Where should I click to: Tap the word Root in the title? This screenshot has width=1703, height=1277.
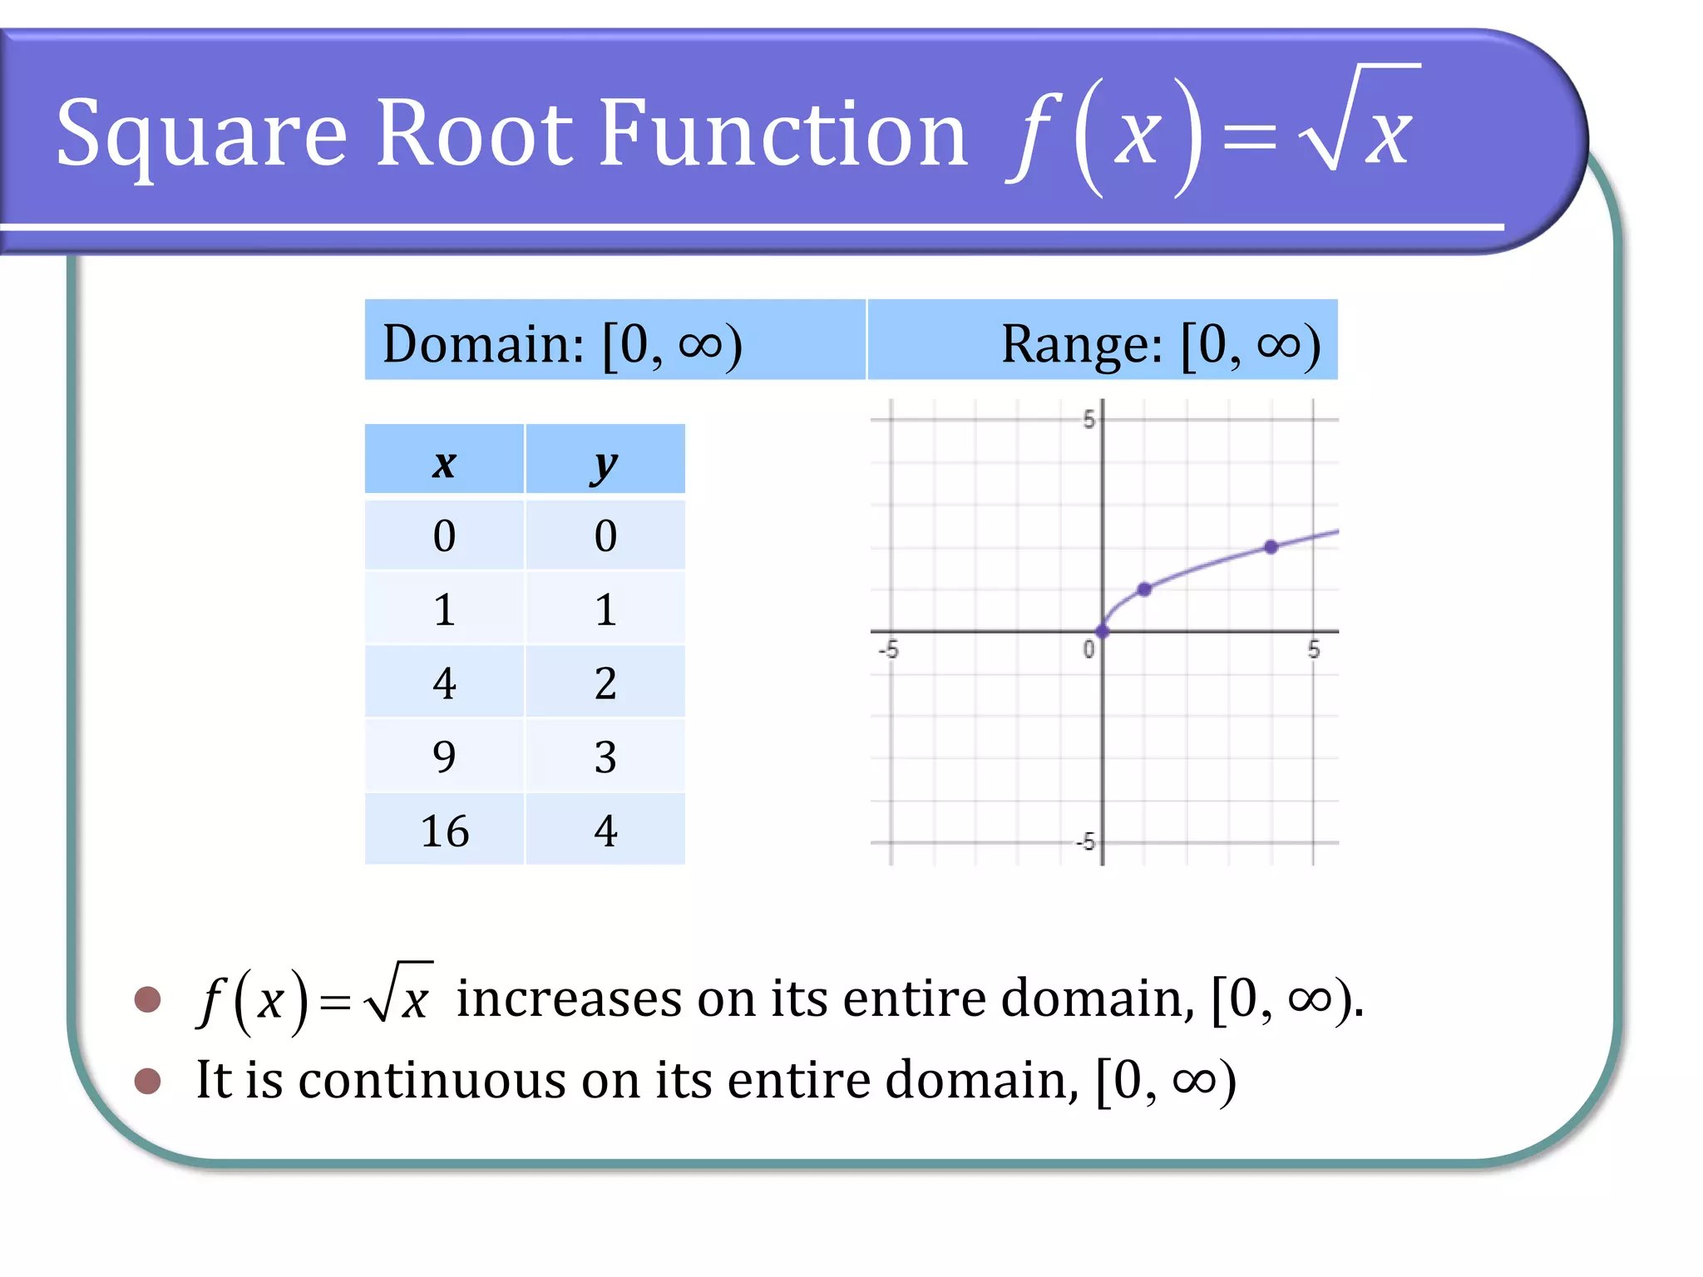pyautogui.click(x=474, y=133)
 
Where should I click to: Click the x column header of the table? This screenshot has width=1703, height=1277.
pyautogui.click(x=444, y=462)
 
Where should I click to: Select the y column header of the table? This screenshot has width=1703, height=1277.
pyautogui.click(x=605, y=462)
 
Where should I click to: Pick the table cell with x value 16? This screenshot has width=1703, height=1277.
pyautogui.click(x=444, y=831)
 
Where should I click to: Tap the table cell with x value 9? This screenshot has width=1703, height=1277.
pyautogui.click(x=444, y=757)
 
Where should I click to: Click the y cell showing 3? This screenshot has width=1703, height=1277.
pyautogui.click(x=605, y=757)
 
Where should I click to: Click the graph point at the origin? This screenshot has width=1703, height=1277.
pyautogui.click(x=1103, y=632)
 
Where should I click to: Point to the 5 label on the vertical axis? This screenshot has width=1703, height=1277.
pyautogui.click(x=1088, y=420)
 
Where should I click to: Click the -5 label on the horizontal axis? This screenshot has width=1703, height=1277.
pyautogui.click(x=889, y=648)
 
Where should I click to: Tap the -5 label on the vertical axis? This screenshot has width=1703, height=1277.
pyautogui.click(x=1085, y=842)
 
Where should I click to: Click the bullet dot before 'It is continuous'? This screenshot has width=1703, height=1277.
pyautogui.click(x=147, y=1081)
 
